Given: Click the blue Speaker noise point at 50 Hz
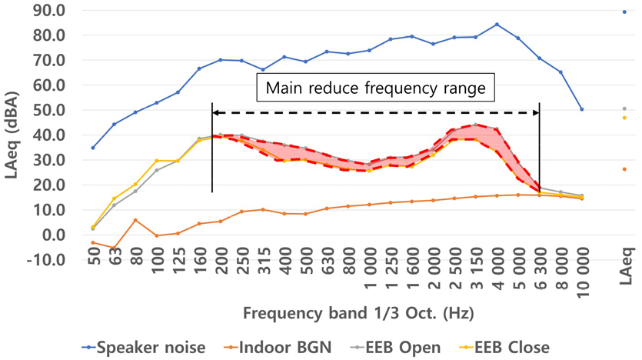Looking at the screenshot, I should point(93,148).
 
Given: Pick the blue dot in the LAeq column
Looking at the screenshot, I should point(624,12).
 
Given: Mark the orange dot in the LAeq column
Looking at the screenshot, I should point(624,169).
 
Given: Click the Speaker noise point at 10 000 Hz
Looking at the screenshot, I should point(582,109).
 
